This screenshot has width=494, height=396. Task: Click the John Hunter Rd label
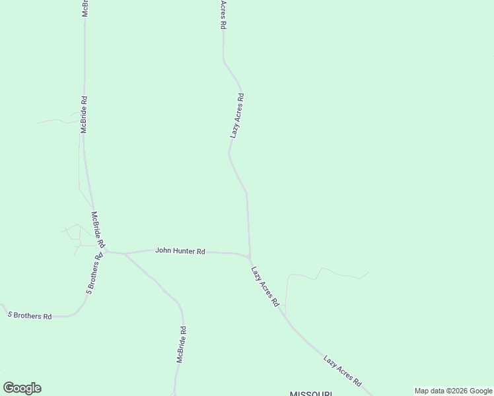coord(180,251)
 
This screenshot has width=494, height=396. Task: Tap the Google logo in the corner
coord(22,388)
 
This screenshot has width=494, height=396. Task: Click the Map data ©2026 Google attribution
coord(454,391)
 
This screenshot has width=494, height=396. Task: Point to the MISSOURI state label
coord(310,393)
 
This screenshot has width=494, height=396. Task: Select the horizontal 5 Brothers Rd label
coord(29,316)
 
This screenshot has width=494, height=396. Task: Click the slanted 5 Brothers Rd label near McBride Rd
coord(93,278)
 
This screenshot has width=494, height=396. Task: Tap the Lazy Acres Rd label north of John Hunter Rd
coord(237,115)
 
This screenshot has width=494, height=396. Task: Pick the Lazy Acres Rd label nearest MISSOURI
coord(342,370)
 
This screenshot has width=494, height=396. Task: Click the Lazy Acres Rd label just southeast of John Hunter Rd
coord(265,286)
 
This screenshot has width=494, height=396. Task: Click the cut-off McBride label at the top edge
coord(85,9)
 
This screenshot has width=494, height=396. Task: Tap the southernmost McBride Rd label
coord(180,344)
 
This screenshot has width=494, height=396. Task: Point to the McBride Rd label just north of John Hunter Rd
coord(98,229)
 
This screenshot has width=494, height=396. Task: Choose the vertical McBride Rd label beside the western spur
coord(84,115)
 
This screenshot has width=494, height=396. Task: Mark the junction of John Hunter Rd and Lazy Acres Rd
coord(249,256)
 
